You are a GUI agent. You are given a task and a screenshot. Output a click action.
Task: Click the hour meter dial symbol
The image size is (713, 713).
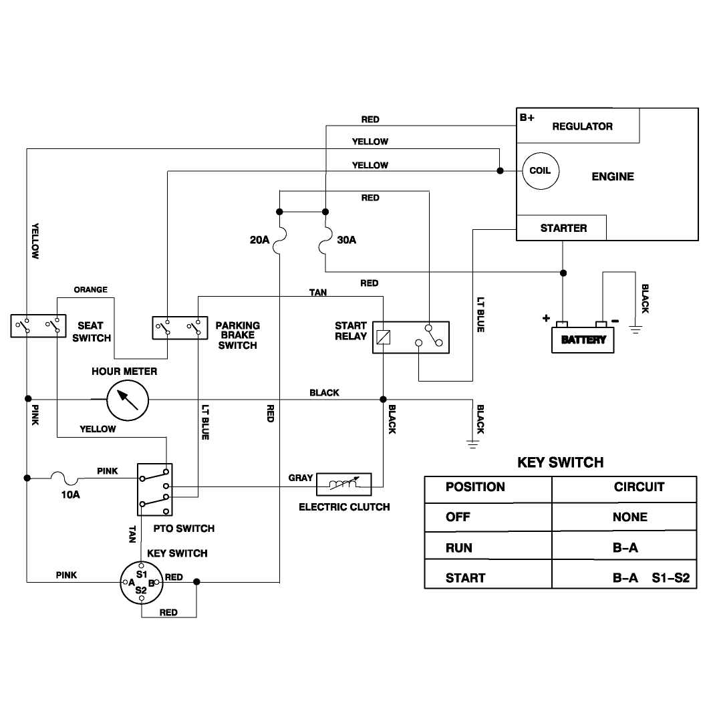(x=128, y=400)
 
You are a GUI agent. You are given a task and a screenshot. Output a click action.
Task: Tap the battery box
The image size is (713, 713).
(x=583, y=339)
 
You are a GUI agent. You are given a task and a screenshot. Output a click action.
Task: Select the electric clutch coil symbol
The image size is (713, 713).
(x=344, y=484)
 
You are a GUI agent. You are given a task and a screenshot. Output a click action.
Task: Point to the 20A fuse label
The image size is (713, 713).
(x=260, y=240)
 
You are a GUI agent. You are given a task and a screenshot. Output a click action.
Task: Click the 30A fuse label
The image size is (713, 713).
(x=347, y=240)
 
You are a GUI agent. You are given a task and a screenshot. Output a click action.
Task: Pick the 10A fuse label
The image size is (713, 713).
(x=70, y=494)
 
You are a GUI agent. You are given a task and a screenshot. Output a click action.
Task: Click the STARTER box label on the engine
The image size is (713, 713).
(x=563, y=229)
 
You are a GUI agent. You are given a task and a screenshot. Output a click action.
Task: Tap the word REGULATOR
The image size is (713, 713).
(x=583, y=126)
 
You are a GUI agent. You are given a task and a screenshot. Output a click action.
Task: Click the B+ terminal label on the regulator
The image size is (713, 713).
(x=527, y=118)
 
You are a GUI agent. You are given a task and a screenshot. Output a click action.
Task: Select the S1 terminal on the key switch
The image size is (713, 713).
(x=142, y=574)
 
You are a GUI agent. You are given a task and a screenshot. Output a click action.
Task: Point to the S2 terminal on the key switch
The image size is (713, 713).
(x=141, y=590)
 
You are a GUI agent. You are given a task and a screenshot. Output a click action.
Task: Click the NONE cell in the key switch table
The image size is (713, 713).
(x=629, y=517)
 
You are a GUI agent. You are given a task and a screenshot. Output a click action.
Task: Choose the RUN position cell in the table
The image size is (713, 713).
(x=459, y=548)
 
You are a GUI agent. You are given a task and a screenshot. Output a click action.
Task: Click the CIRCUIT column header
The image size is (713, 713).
(x=639, y=487)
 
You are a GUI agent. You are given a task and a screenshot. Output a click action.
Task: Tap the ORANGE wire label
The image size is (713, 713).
(x=90, y=289)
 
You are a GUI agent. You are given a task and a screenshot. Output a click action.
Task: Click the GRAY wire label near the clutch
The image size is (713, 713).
(x=301, y=478)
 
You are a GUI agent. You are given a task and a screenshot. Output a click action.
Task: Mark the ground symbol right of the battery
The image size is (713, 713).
(x=635, y=329)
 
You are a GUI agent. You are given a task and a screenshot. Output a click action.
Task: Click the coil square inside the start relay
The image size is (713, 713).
(x=384, y=337)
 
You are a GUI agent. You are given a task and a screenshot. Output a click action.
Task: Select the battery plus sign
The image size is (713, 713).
(x=546, y=318)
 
